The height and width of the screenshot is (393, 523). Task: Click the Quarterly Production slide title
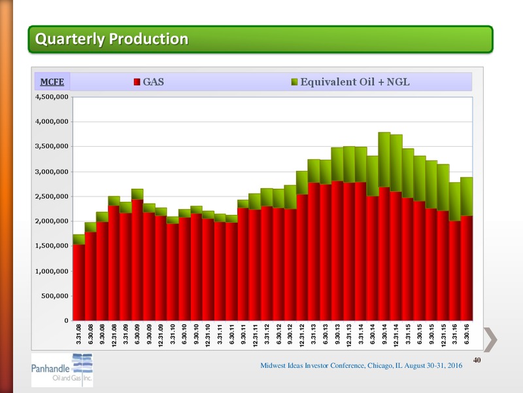(112, 39)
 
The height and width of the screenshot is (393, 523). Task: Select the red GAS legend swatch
(137, 82)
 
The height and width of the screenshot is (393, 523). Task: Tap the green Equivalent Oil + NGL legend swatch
(294, 82)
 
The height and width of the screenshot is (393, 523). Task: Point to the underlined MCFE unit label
(52, 82)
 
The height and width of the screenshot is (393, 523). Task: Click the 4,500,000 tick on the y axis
(52, 97)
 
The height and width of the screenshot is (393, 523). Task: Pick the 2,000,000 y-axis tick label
(52, 221)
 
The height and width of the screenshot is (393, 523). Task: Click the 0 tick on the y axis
(66, 320)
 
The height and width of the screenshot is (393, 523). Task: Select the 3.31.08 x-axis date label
(78, 334)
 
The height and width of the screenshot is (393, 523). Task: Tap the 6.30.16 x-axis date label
(467, 334)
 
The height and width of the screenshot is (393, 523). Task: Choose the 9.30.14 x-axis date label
(384, 334)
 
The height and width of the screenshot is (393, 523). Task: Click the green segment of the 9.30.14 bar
(384, 160)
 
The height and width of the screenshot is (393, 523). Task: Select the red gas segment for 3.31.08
(78, 282)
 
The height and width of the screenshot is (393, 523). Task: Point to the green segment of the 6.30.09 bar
(137, 194)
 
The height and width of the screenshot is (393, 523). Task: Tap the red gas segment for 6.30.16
(467, 268)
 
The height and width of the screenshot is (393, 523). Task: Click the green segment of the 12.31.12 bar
(302, 183)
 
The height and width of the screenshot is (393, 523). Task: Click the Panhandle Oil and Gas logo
(62, 370)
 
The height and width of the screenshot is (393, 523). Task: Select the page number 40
(477, 360)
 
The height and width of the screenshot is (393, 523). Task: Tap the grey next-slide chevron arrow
(491, 339)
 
